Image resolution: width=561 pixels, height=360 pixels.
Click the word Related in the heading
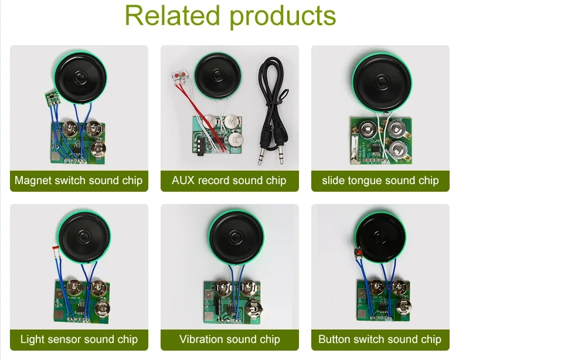172,16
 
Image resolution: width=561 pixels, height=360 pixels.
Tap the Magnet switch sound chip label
79,181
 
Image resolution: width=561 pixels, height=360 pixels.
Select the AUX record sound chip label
229,181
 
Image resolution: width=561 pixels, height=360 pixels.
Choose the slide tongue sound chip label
380,181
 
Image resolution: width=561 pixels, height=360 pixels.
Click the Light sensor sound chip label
79,339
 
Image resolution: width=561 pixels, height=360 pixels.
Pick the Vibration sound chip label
230,339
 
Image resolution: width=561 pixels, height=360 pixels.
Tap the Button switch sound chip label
380,339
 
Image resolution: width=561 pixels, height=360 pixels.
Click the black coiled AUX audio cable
273,111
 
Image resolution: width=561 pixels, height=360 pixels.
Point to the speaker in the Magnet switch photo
80,77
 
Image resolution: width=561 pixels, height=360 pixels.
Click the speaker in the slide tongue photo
382,82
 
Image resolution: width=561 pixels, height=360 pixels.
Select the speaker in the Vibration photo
236,237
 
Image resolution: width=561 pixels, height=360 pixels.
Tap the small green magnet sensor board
52,98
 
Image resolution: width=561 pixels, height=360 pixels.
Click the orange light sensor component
55,252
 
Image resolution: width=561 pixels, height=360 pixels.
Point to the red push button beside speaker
358,252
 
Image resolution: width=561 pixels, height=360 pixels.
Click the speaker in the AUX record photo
218,76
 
